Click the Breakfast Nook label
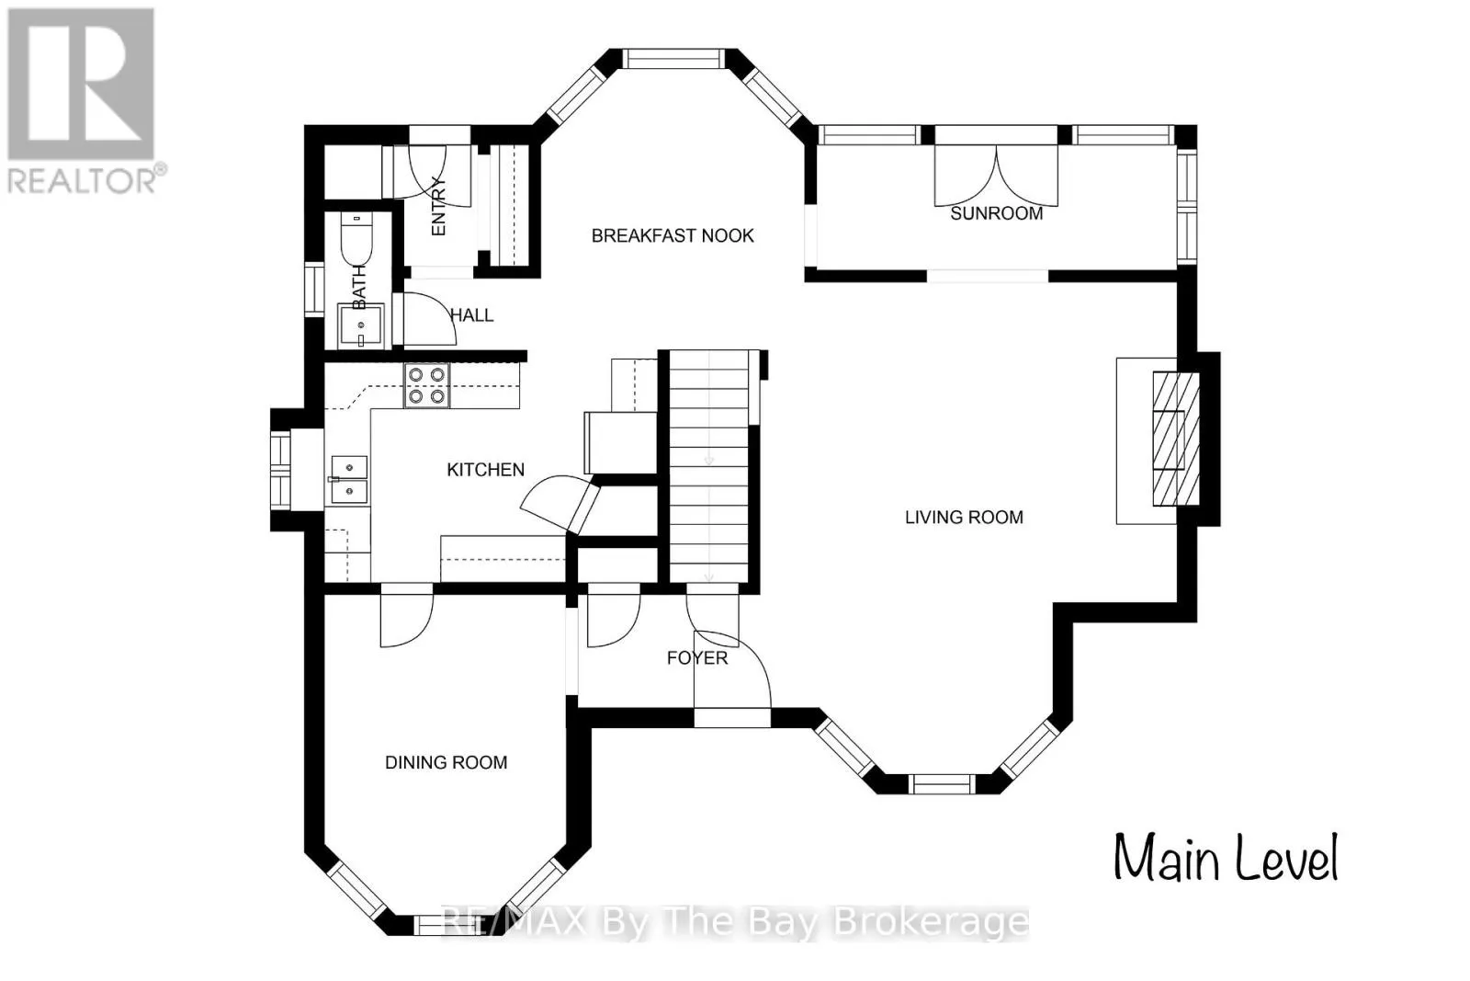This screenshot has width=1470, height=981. (673, 235)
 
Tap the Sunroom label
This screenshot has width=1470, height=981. (996, 213)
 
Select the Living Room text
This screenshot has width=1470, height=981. (964, 518)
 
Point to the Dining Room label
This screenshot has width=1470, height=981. (447, 762)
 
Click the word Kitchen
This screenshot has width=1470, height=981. (486, 470)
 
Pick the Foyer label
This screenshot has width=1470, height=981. (697, 658)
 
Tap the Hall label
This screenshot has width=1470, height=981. (472, 315)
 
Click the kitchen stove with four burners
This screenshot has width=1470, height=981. (426, 385)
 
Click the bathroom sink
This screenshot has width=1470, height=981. (360, 325)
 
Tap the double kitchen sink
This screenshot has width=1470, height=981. (348, 480)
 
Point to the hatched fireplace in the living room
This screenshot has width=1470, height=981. (1176, 439)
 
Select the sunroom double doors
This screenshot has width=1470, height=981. (996, 176)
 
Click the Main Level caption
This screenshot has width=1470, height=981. (1226, 858)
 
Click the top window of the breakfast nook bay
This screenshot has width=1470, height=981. (674, 59)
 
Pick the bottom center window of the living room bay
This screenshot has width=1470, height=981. (941, 784)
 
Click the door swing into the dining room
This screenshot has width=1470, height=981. (406, 621)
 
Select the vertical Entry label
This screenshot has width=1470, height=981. (438, 206)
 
